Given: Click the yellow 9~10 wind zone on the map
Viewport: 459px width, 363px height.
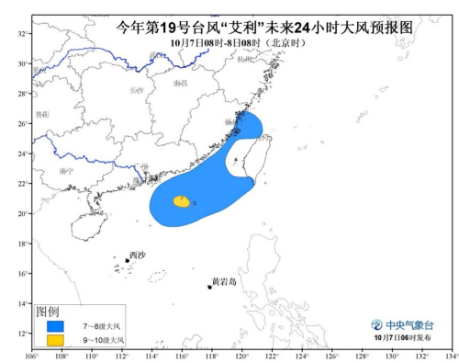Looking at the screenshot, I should pyautogui.click(x=182, y=200).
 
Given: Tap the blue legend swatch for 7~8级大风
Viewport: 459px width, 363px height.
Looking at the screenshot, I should pyautogui.click(x=56, y=326).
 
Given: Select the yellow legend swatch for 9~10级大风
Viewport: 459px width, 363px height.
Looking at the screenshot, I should pyautogui.click(x=56, y=340).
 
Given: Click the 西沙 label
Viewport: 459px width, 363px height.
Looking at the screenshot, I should pyautogui.click(x=137, y=255).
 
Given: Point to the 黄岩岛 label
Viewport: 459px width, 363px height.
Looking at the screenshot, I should pyautogui.click(x=224, y=281).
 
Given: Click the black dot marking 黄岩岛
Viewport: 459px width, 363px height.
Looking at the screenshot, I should pyautogui.click(x=211, y=287).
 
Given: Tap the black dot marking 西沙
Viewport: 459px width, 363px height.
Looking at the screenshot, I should pyautogui.click(x=127, y=260).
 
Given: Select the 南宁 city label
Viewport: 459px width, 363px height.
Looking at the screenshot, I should pyautogui.click(x=64, y=171).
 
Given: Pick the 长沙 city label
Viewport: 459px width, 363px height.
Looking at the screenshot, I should pyautogui.click(x=137, y=90).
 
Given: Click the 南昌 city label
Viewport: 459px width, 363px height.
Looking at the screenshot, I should pyautogui.click(x=180, y=84).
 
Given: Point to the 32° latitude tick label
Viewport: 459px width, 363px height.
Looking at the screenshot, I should pyautogui.click(x=22, y=33).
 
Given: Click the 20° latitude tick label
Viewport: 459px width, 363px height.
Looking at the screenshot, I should pyautogui.click(x=22, y=213).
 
